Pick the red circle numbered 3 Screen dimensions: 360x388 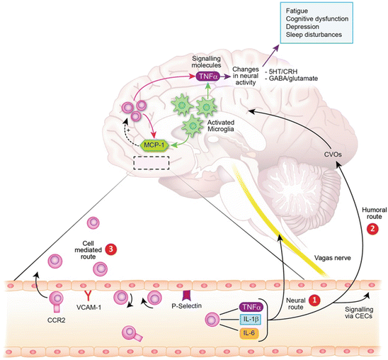coord(111,249)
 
